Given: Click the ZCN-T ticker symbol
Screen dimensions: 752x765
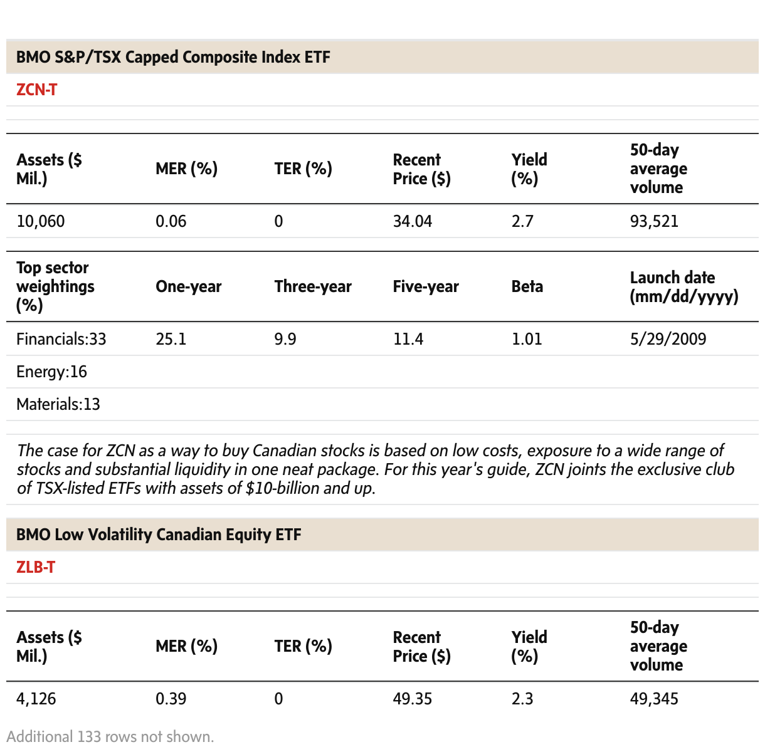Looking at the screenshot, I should [x=36, y=90].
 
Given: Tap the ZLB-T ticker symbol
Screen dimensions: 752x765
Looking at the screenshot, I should [x=36, y=567].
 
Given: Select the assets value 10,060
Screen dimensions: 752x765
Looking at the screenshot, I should [x=41, y=221].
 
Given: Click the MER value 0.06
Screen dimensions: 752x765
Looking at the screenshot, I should [x=171, y=221].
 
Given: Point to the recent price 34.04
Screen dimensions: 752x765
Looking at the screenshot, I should [x=413, y=221].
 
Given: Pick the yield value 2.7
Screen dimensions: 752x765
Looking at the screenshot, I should [x=522, y=221].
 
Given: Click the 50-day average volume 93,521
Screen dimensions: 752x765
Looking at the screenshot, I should [x=654, y=221].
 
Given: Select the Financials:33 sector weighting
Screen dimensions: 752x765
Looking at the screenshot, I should [x=61, y=339].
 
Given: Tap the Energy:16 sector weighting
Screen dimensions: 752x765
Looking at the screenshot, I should [x=51, y=372].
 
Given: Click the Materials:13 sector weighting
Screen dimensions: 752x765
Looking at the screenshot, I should [x=58, y=404].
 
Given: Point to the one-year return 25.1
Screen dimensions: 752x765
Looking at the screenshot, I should [x=171, y=339].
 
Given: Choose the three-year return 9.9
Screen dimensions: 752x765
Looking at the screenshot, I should [x=285, y=339].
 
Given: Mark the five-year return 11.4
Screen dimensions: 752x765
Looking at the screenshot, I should [x=408, y=339].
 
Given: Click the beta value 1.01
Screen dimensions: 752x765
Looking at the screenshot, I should [x=527, y=339].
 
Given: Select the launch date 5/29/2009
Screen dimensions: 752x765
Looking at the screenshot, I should [x=668, y=339].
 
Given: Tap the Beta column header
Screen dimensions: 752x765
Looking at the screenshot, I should [x=527, y=286].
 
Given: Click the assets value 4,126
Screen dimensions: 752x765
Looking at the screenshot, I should [x=36, y=699].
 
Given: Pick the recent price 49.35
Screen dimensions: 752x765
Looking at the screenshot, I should [x=413, y=699].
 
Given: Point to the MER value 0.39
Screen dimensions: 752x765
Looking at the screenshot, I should [x=171, y=699].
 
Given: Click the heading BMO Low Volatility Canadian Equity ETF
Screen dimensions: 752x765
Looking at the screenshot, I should [x=159, y=535].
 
